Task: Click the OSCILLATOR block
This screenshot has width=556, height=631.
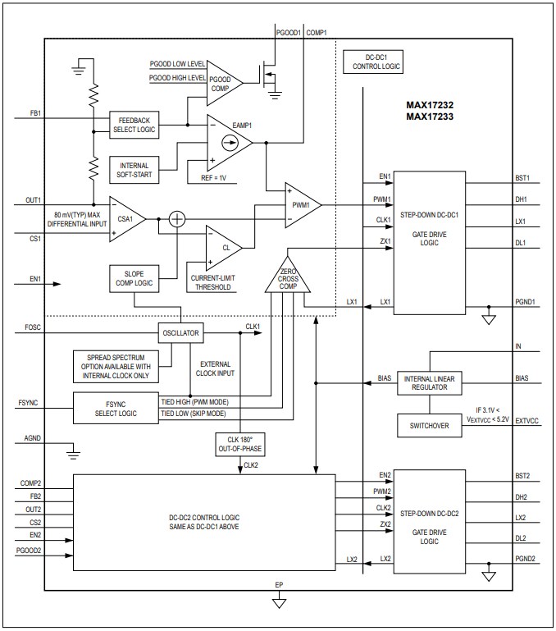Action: point(180,333)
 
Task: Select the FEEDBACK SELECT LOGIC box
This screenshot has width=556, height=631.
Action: point(134,125)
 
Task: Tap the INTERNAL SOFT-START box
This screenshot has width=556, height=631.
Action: point(134,170)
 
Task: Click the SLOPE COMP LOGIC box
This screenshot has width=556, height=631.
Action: point(134,277)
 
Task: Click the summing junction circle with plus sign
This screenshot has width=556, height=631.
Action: point(176,219)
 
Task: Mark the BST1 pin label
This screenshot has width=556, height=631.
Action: point(522,177)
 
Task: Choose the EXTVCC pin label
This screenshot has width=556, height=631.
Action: point(526,419)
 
